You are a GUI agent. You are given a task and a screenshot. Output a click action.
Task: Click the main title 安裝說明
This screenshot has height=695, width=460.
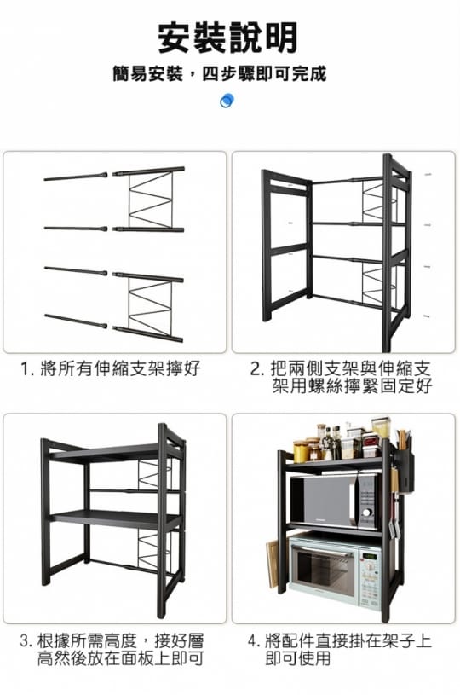pyautogui.click(x=227, y=38)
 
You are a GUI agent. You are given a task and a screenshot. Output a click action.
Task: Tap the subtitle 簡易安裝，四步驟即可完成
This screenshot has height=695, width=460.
pyautogui.click(x=220, y=73)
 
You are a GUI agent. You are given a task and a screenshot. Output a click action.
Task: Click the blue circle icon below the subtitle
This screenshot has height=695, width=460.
pyautogui.click(x=227, y=101)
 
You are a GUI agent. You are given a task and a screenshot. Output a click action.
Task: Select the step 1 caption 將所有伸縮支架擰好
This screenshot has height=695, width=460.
pyautogui.click(x=111, y=368)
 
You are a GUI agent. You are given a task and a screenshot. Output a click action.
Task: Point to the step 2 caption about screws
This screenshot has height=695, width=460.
pyautogui.click(x=341, y=377)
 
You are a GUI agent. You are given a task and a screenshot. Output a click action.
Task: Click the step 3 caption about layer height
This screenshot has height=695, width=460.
pyautogui.click(x=112, y=649)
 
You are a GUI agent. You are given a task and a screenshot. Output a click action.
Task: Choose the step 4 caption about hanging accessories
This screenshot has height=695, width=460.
pyautogui.click(x=340, y=649)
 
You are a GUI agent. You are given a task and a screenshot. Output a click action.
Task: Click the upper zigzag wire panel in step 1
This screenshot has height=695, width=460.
pyautogui.click(x=151, y=200)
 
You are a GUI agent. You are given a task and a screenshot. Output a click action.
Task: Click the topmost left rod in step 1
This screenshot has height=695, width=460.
pyautogui.click(x=76, y=177)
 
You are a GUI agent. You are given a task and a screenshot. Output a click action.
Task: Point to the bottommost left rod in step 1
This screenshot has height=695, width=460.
pyautogui.click(x=76, y=321)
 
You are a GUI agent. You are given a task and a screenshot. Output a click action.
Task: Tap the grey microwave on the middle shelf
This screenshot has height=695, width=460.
pyautogui.click(x=334, y=501)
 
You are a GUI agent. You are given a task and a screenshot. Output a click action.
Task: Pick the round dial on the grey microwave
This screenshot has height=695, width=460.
pyautogui.click(x=366, y=513)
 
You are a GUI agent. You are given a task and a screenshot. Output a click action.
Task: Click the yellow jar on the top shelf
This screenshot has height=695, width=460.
pyautogui.click(x=302, y=451)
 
